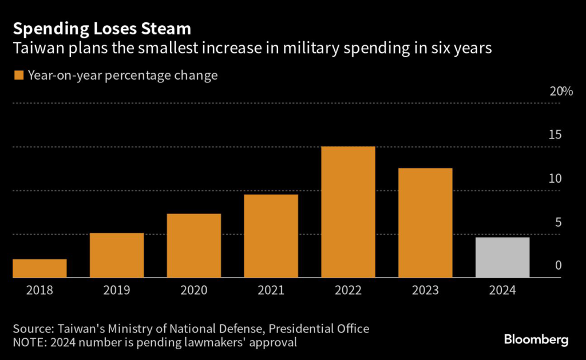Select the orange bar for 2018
click(x=39, y=268)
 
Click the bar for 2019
click(x=117, y=255)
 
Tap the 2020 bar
click(x=194, y=246)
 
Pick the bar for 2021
click(x=271, y=236)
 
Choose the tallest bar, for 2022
click(x=348, y=212)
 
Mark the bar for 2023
click(x=425, y=223)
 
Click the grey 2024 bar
click(x=502, y=258)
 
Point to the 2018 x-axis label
click(x=39, y=290)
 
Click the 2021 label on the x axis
click(x=271, y=290)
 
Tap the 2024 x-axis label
click(x=502, y=290)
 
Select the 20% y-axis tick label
click(x=561, y=92)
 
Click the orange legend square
click(x=18, y=75)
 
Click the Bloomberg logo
click(x=536, y=340)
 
